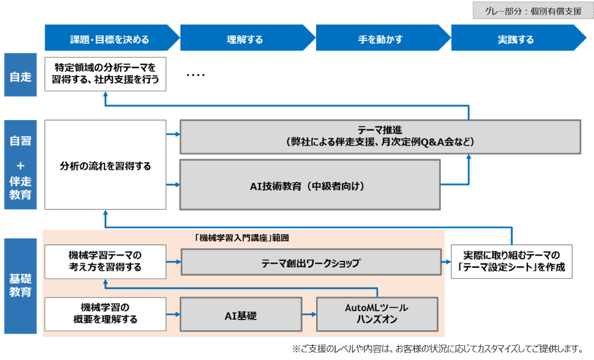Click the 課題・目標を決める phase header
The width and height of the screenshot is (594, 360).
tap(109, 40)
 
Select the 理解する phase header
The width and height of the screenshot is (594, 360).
tap(245, 40)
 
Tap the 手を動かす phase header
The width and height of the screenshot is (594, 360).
tap(380, 40)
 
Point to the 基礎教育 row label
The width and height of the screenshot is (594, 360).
tap(21, 285)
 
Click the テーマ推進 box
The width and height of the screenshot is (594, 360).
tap(380, 136)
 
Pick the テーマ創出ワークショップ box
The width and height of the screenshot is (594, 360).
tap(311, 263)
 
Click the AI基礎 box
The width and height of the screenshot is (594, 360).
tap(240, 315)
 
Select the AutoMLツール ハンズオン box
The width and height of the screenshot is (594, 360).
tap(377, 315)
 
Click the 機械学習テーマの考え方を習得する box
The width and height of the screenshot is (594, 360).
tap(106, 262)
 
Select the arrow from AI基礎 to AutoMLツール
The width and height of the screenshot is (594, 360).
tap(309, 315)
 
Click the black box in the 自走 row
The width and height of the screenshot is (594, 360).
tap(106, 74)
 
